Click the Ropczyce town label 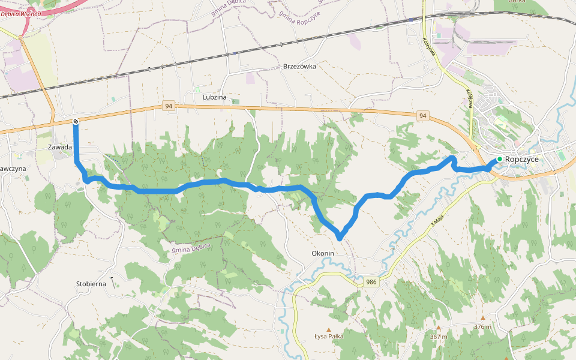522,159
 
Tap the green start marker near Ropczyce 499,159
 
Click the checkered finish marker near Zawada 76,122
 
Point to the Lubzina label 214,97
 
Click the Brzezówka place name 299,67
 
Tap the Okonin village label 322,253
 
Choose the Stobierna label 91,283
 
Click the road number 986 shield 371,281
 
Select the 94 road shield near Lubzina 169,106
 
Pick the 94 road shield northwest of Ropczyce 423,115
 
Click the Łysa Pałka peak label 329,337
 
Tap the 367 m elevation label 439,337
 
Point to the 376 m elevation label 482,326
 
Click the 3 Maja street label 439,226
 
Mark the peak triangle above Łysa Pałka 328,329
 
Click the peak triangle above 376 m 482,317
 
